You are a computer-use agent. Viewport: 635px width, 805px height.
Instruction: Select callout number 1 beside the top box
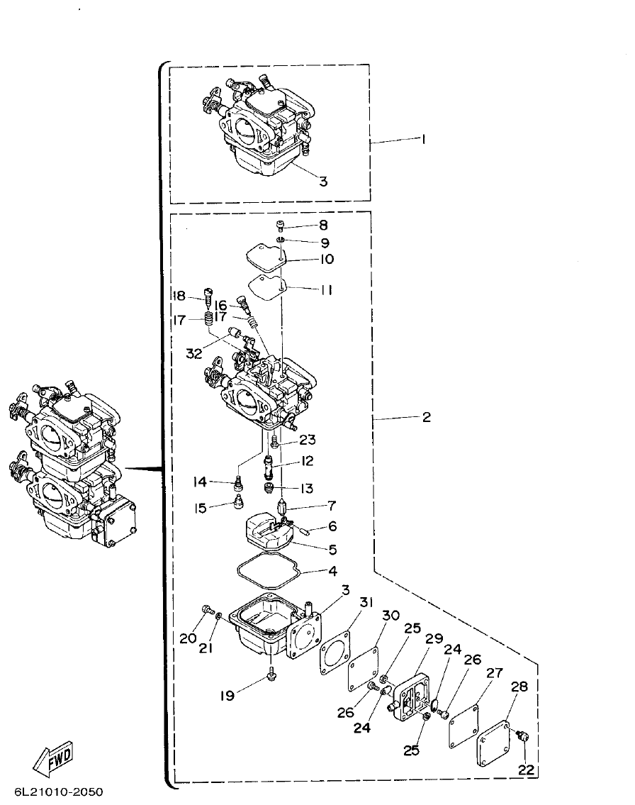(423, 140)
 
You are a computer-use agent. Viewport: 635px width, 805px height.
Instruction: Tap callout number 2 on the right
(426, 418)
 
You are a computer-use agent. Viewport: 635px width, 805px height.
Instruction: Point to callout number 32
(194, 352)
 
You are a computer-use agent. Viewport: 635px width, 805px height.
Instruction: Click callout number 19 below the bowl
(227, 696)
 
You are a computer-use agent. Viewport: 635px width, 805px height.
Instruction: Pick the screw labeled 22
(522, 737)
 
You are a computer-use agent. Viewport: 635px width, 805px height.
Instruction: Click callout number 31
(365, 602)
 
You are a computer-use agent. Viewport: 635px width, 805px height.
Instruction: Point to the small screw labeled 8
(281, 226)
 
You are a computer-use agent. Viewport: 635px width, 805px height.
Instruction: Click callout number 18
(179, 296)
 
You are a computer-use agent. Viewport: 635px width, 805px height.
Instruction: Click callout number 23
(307, 440)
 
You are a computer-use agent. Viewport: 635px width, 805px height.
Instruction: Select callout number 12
(307, 461)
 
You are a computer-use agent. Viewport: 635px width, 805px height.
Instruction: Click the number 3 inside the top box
(323, 181)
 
